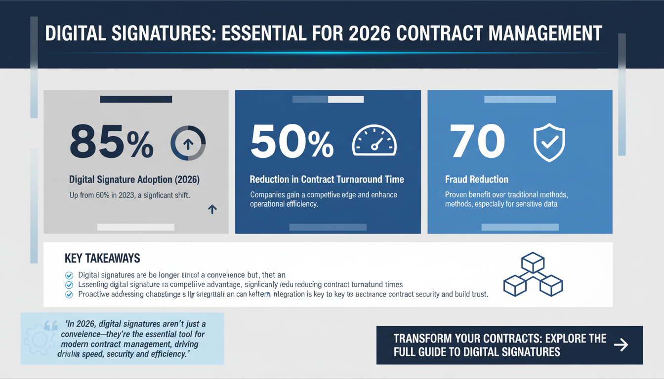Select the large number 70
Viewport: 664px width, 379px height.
pyautogui.click(x=477, y=141)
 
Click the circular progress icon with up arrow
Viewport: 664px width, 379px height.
pyautogui.click(x=188, y=143)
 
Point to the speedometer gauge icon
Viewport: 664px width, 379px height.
pyautogui.click(x=374, y=142)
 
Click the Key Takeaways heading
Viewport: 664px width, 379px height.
pyautogui.click(x=102, y=258)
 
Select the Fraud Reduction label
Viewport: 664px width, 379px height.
pyautogui.click(x=477, y=180)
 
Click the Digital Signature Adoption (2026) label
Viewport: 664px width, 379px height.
pyautogui.click(x=135, y=180)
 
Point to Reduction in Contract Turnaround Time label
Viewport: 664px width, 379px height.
pyautogui.click(x=327, y=180)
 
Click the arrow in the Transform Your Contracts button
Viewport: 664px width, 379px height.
pyautogui.click(x=621, y=344)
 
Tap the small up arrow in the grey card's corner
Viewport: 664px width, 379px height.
pyautogui.click(x=212, y=209)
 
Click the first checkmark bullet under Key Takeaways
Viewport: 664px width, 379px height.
pyautogui.click(x=69, y=275)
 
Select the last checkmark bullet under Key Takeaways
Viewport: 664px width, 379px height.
pyautogui.click(x=69, y=295)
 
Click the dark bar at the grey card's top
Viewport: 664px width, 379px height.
pyautogui.click(x=136, y=99)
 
